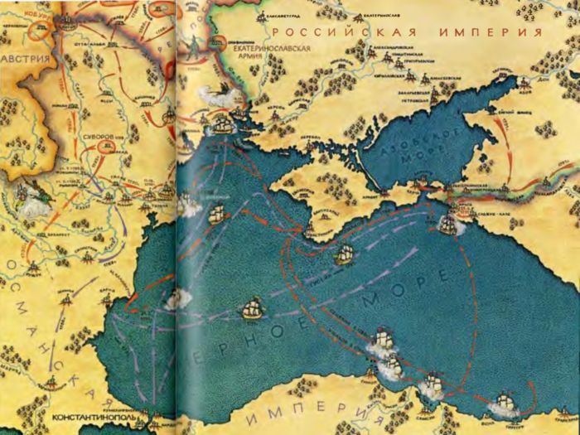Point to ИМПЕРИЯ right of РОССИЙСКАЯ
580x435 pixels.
(491, 33)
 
